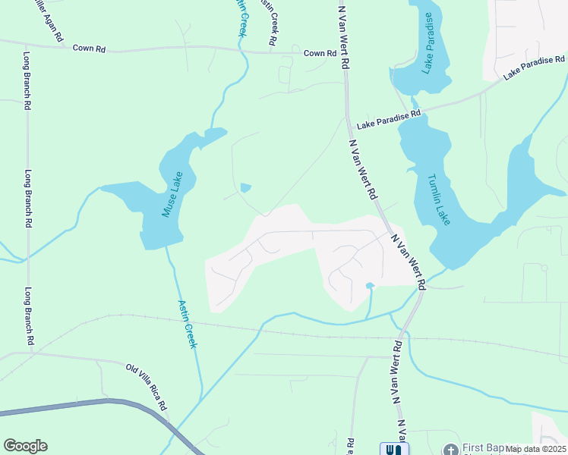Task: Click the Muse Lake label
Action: [172, 196]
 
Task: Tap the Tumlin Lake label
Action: [439, 199]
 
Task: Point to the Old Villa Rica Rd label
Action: [147, 387]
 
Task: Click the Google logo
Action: [25, 446]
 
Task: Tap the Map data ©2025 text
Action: [536, 449]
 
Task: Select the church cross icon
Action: [450, 450]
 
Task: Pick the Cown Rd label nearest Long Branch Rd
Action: [89, 49]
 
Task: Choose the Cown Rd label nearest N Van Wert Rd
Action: [320, 54]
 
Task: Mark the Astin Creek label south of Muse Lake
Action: [188, 324]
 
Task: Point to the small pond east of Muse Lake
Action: [245, 187]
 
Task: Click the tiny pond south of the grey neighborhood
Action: [370, 286]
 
